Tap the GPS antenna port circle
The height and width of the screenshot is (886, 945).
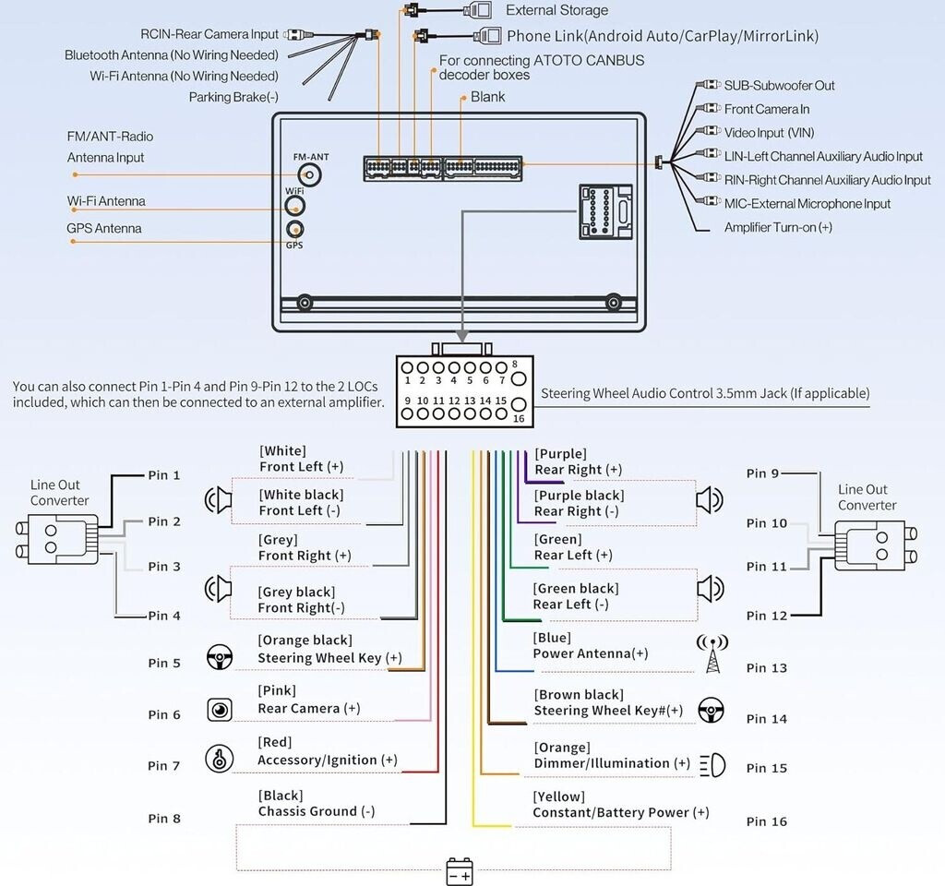click(x=295, y=230)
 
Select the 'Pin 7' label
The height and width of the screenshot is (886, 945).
click(x=164, y=766)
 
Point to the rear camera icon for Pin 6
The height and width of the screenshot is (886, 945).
click(x=219, y=709)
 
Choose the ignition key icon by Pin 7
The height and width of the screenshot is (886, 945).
click(x=219, y=758)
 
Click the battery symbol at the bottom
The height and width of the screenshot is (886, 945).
click(x=459, y=871)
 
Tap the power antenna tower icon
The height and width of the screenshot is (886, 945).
click(x=712, y=653)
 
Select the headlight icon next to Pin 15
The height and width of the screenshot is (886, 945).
click(x=712, y=765)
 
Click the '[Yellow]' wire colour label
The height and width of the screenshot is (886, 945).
click(x=558, y=796)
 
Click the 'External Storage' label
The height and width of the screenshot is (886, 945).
click(x=557, y=10)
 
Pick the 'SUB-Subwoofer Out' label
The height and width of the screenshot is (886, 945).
click(x=780, y=86)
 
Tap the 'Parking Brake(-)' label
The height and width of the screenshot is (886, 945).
click(x=233, y=97)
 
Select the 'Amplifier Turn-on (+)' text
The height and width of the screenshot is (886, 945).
click(x=778, y=227)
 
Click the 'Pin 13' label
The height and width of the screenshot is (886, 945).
click(x=767, y=668)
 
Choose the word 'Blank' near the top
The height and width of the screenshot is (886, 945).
click(x=488, y=97)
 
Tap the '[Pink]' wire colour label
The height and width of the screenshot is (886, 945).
click(x=277, y=690)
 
